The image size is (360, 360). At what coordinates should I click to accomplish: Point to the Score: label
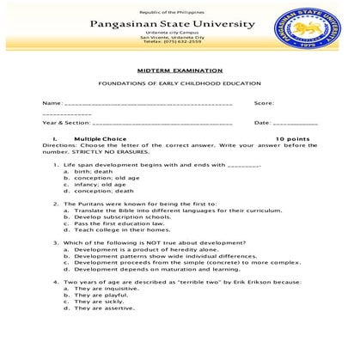pos(264,103)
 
